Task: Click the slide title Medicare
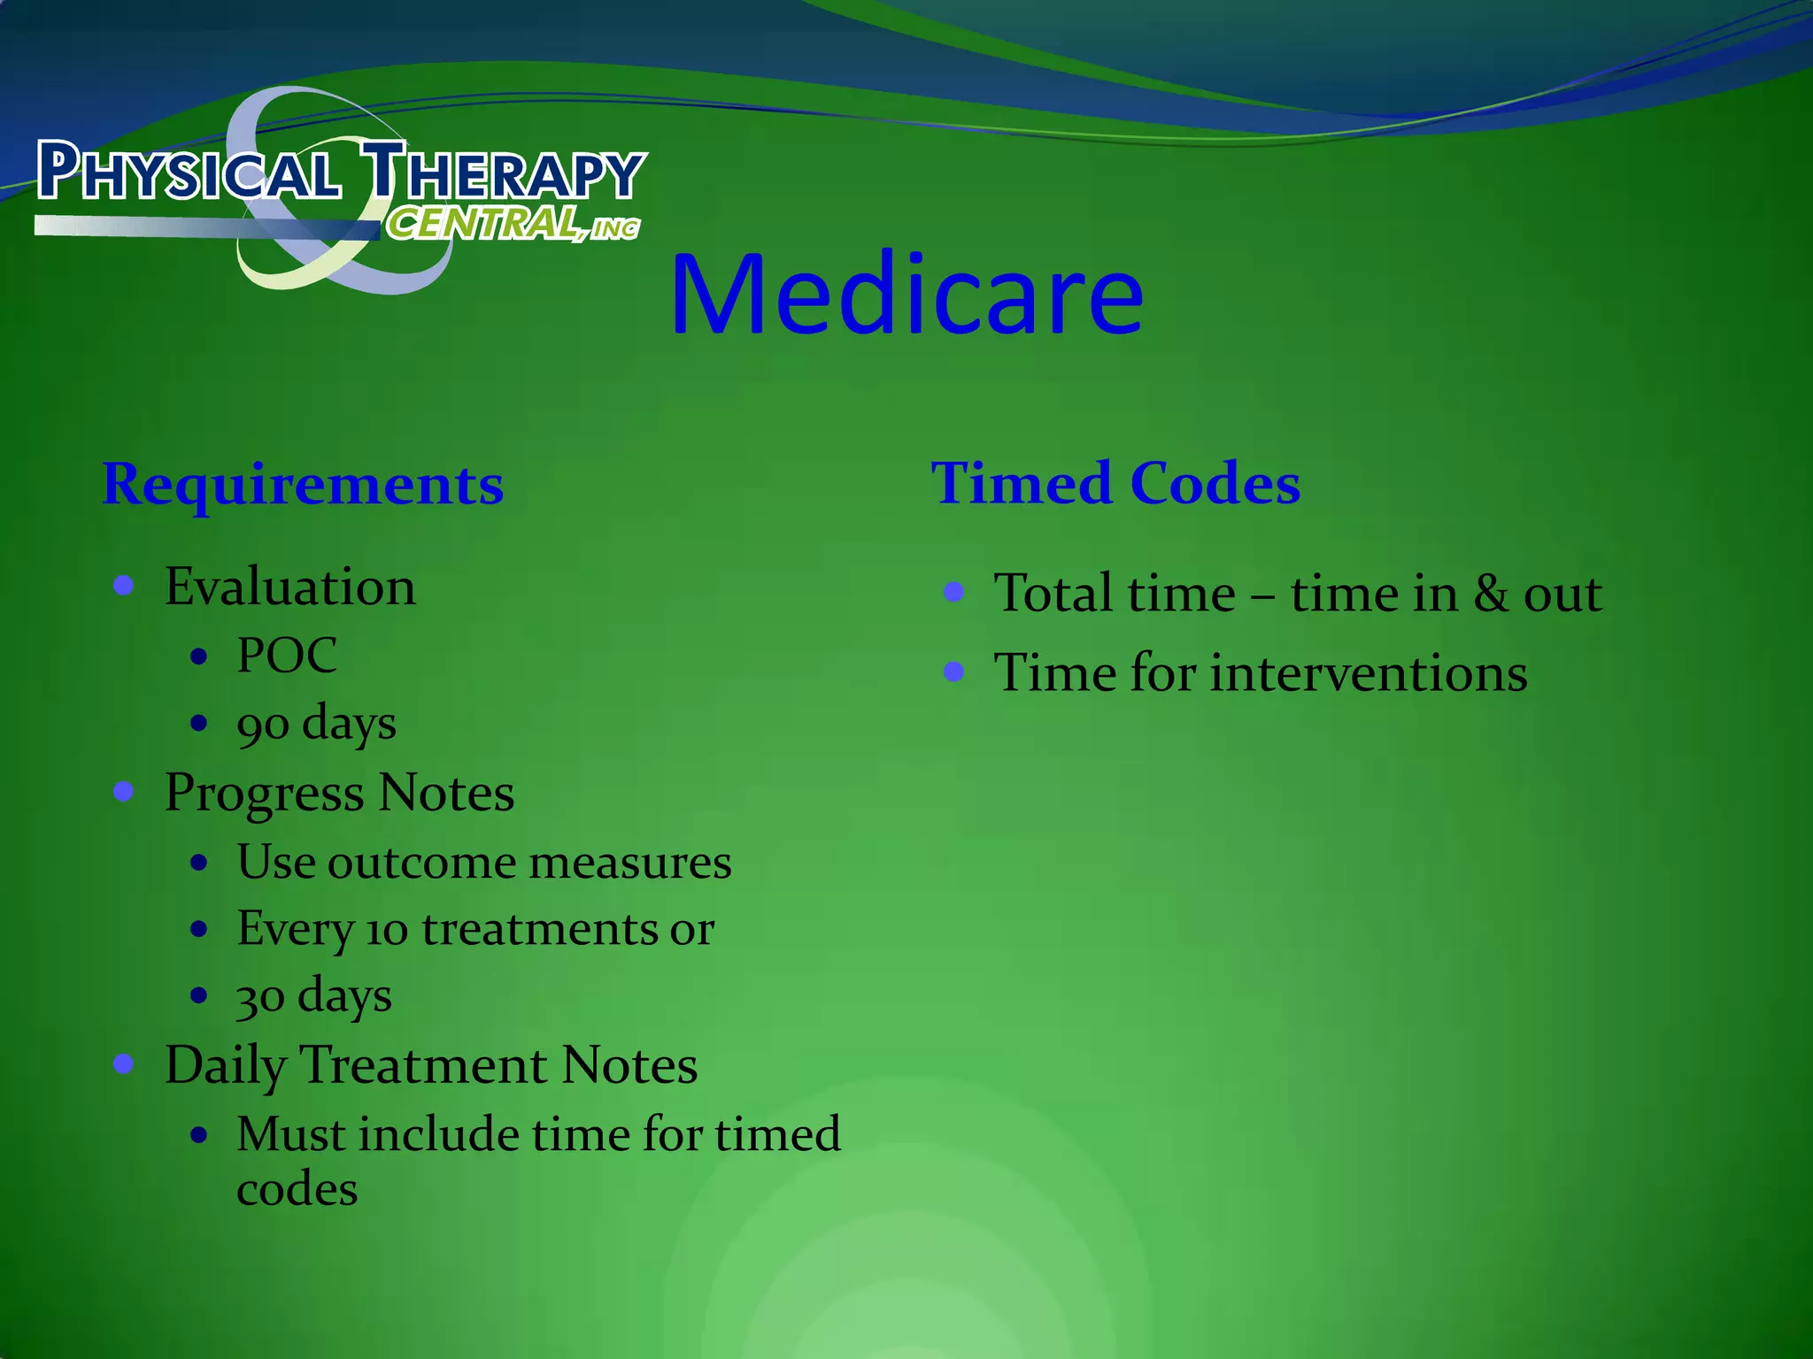(906, 296)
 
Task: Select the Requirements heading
(303, 485)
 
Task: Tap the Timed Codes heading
(1115, 484)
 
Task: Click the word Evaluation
(289, 587)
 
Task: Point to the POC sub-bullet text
(286, 656)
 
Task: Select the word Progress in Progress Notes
(264, 794)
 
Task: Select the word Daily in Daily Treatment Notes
(225, 1066)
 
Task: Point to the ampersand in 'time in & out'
(1491, 594)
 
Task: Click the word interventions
(1368, 673)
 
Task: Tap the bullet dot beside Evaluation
(124, 585)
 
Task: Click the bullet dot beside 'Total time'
(953, 591)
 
